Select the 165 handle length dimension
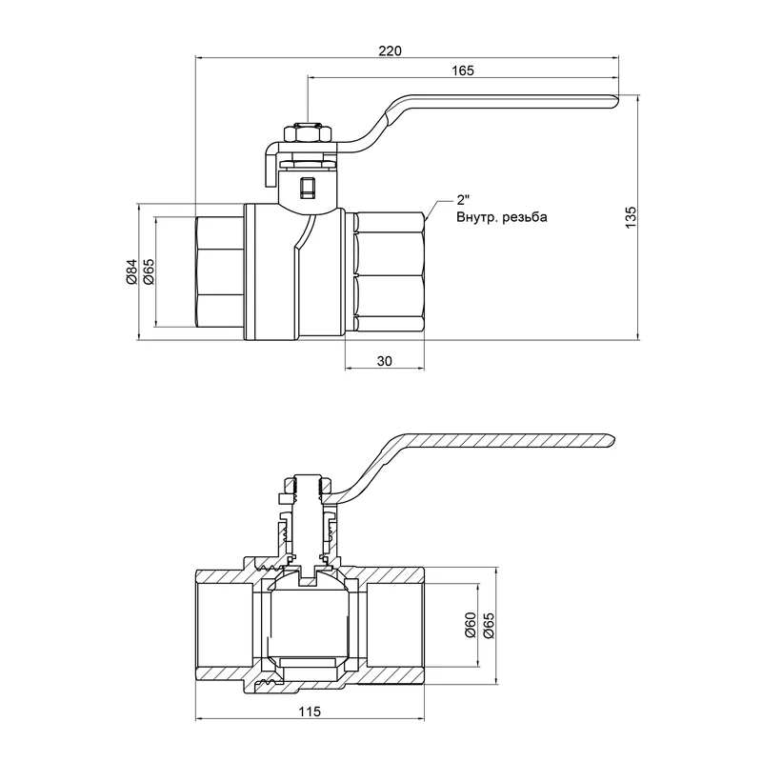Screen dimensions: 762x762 pyautogui.click(x=464, y=70)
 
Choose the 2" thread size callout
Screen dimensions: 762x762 pyautogui.click(x=464, y=200)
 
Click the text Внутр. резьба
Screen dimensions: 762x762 pyautogui.click(x=501, y=217)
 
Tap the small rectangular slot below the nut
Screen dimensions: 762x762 pyautogui.click(x=306, y=188)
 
